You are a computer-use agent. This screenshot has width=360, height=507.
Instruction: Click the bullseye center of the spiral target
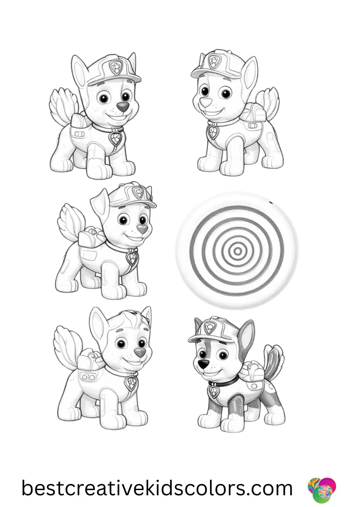coord(238,251)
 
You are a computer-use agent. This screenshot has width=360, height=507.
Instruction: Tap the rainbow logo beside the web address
coord(322,490)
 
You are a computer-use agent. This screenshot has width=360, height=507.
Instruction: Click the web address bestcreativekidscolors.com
coord(157,488)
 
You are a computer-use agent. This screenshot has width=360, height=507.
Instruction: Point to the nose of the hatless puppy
coord(139,352)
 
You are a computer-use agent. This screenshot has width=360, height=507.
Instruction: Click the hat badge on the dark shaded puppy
coord(212,327)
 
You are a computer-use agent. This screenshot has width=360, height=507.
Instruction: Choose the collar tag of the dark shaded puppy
coord(214,390)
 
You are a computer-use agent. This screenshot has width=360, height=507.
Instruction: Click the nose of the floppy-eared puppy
coord(142,229)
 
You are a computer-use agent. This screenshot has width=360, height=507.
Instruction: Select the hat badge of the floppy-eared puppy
coord(139,192)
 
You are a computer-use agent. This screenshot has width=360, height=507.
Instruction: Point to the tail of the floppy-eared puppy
coord(71,219)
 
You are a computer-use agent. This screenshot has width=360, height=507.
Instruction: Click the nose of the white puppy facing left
coord(203,102)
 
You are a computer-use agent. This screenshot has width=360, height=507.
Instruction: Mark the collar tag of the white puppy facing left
coord(213,131)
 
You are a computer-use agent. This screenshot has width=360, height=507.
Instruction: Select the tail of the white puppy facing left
coord(270,101)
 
